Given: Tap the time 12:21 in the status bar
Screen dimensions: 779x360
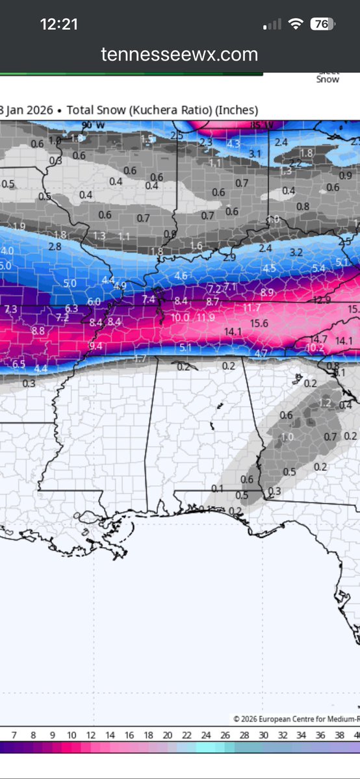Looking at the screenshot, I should pos(59,24).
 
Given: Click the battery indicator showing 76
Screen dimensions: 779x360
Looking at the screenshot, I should pos(320,24).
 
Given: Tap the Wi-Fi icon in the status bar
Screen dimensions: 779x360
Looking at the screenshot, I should pos(297,24).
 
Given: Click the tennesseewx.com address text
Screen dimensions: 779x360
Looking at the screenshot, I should pos(179,55).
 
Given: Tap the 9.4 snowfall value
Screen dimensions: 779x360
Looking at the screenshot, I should pos(96,346).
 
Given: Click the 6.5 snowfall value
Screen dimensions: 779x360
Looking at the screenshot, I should pos(18,364).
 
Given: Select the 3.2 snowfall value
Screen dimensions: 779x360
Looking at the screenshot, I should pos(296,252).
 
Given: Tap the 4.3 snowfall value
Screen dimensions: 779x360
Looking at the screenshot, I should pos(233,144).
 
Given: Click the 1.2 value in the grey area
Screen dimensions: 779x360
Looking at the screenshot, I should pos(325,403).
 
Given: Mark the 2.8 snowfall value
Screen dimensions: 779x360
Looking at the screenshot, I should pos(55,246).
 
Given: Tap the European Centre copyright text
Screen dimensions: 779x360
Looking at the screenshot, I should pos(296,719).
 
